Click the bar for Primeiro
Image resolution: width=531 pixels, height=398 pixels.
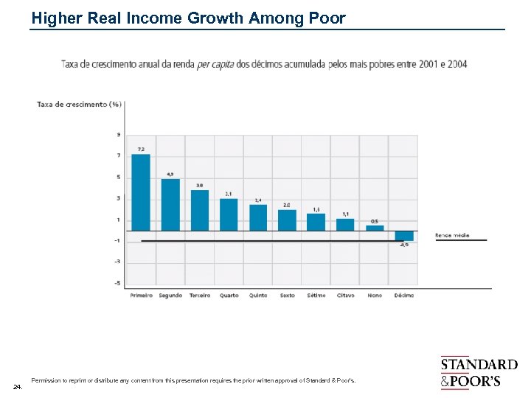[140, 192]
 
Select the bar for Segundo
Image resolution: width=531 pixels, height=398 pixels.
[170, 204]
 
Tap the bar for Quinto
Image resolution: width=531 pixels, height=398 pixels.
[258, 217]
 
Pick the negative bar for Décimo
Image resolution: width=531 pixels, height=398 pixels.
[404, 236]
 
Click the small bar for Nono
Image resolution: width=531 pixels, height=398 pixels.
[375, 228]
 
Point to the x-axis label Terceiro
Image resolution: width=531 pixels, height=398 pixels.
[199, 296]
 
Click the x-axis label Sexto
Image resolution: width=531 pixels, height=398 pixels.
[287, 296]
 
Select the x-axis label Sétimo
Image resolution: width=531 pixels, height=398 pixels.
[316, 296]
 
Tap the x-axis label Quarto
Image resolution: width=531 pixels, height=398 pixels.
[229, 296]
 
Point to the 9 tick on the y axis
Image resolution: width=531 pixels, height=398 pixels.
[119, 134]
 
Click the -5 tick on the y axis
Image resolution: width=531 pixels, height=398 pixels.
[117, 283]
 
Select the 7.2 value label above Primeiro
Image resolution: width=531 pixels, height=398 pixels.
[141, 150]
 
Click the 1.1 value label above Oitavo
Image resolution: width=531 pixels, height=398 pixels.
[345, 214]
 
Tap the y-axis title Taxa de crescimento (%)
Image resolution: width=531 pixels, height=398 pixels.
[79, 104]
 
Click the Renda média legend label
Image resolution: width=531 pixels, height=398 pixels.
[451, 236]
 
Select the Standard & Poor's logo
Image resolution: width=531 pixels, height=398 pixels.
[479, 373]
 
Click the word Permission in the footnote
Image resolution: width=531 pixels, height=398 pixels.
[46, 380]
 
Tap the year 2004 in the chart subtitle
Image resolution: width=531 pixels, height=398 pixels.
[457, 64]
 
